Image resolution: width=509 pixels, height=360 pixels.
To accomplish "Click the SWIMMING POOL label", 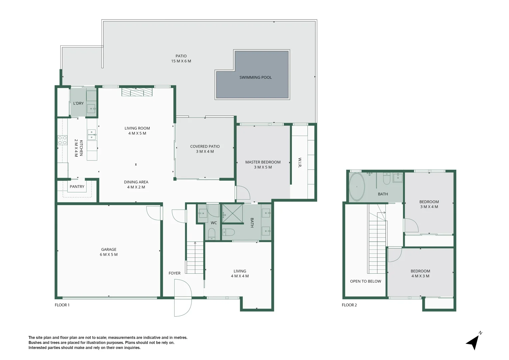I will [255, 77].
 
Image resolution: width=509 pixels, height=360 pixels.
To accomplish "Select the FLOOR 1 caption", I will [62, 305].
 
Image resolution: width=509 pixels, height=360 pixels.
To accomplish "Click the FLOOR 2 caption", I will [349, 305].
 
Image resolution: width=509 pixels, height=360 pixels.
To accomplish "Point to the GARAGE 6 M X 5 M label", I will [109, 252].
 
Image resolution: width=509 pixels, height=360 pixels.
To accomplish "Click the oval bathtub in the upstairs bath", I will [357, 187].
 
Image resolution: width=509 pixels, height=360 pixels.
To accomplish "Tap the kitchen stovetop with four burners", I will [62, 140].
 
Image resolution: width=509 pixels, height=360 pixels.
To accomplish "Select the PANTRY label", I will [77, 187].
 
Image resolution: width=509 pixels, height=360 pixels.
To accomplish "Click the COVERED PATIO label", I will [205, 149].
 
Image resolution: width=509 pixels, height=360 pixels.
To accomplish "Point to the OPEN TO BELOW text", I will [365, 281].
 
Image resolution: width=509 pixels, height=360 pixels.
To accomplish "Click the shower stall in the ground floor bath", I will [232, 213].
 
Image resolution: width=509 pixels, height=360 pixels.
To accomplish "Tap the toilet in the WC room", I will [212, 234].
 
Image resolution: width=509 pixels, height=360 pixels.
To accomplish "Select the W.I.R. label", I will [300, 163].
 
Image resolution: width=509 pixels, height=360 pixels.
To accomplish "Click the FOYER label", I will [174, 273].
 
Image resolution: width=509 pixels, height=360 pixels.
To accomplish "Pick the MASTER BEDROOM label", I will [263, 165].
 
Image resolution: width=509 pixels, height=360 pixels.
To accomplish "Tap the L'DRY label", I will [78, 103].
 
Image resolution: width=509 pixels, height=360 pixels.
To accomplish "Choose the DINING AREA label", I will [136, 184].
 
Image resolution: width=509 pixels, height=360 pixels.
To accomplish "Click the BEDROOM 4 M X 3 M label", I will [420, 273].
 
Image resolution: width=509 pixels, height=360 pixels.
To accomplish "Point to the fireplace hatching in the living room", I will [137, 92].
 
